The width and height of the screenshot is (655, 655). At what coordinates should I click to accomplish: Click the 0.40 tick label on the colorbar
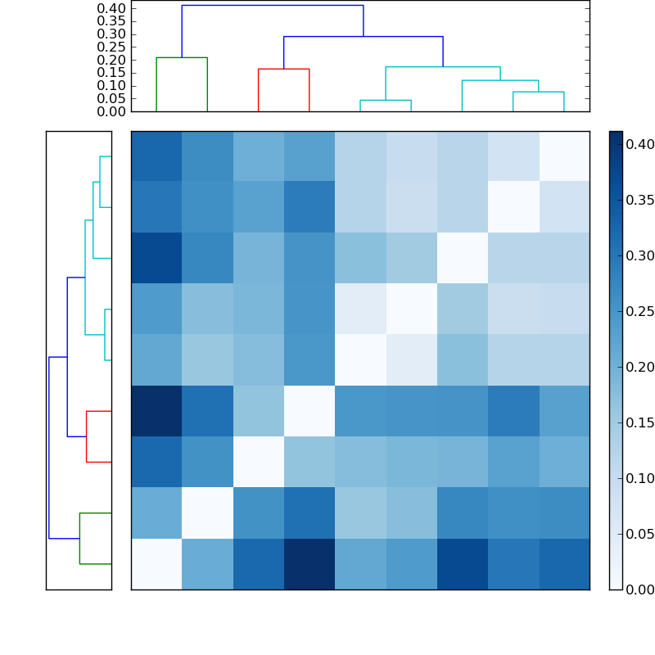coord(639,144)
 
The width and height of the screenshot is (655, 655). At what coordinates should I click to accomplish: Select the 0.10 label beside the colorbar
coord(639,478)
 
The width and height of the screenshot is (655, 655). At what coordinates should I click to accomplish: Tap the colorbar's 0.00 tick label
coord(639,589)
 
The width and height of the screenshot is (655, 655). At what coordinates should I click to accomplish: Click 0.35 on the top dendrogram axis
coord(111,21)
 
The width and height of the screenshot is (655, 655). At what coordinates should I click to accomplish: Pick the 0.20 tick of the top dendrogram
coord(111,60)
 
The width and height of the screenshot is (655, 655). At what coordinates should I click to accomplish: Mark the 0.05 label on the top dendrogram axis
coord(111,98)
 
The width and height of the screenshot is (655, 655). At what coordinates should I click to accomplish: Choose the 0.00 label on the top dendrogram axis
coord(111,111)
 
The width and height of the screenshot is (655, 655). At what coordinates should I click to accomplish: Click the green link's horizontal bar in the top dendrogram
coord(182,57)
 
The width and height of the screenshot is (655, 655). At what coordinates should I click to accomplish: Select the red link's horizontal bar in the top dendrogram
coord(283,69)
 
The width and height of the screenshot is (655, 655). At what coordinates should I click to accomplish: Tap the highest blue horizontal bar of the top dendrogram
coord(272,6)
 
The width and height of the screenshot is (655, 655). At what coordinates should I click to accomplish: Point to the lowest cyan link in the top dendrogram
coord(386,100)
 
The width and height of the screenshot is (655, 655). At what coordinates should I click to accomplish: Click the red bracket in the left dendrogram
coord(87,436)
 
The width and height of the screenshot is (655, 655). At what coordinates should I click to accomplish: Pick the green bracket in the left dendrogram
coord(79,538)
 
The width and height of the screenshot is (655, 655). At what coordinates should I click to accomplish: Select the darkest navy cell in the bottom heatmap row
coord(309,564)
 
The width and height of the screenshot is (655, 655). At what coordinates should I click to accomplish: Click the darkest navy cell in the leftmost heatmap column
coord(156,411)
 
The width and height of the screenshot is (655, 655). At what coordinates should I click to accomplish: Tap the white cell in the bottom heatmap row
coord(156,564)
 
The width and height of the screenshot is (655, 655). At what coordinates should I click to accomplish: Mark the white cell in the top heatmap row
coord(564,156)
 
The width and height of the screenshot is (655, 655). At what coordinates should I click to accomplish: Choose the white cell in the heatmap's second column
coord(207,513)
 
